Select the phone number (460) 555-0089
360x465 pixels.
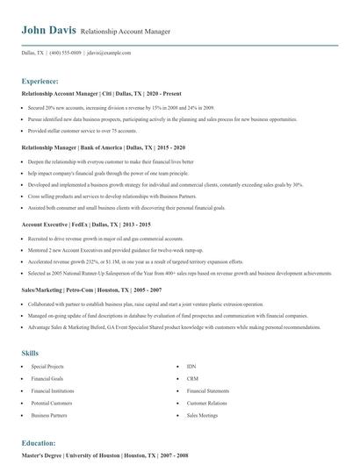(x=65, y=53)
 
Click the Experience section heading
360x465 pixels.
(x=41, y=79)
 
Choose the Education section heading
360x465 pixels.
(x=39, y=443)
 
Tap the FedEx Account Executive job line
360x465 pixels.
(x=85, y=224)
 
